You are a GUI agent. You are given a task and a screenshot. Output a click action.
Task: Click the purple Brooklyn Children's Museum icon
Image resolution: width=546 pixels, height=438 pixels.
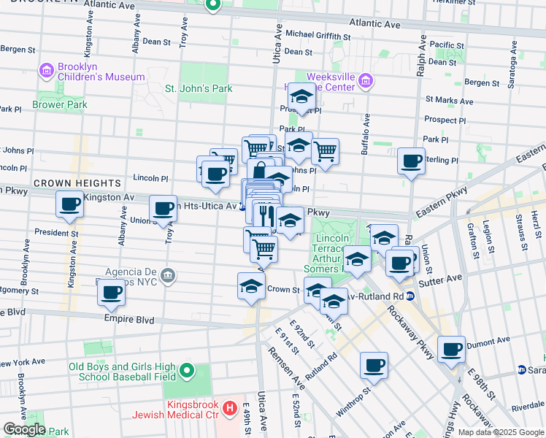47,71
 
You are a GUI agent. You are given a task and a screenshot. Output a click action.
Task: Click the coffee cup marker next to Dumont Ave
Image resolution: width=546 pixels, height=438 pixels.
452,349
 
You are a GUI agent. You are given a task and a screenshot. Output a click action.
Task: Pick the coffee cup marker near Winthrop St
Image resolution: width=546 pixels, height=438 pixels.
374,364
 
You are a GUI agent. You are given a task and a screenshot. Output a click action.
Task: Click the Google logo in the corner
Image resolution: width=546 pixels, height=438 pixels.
24,429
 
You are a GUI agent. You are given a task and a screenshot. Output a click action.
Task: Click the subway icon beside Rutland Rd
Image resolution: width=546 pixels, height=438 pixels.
410,296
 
